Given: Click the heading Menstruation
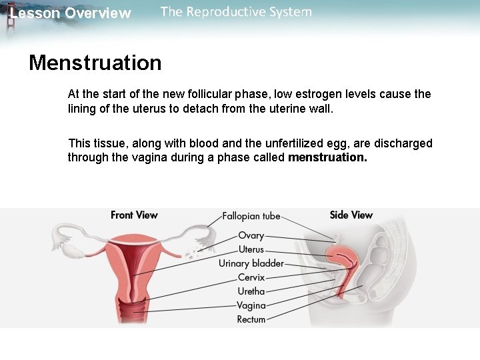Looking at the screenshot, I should (x=95, y=63).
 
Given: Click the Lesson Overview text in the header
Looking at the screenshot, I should (x=71, y=13).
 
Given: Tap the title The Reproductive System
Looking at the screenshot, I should (x=236, y=12).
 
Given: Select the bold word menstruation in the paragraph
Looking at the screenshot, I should (x=327, y=158).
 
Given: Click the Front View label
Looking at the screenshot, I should (x=134, y=215).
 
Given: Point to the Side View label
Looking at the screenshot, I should (x=351, y=215).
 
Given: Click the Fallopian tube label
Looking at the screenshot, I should (x=251, y=216).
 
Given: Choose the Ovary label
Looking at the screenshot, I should (x=251, y=235).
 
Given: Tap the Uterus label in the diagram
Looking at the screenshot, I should (x=251, y=249).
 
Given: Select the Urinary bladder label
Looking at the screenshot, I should (x=251, y=263).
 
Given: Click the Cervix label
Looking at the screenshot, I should (x=251, y=277).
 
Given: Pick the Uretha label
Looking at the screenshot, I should (x=251, y=291).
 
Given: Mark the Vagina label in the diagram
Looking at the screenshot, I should (x=251, y=305).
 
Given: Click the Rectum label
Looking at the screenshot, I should (x=251, y=319).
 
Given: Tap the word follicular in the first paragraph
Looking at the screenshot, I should (x=198, y=94).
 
